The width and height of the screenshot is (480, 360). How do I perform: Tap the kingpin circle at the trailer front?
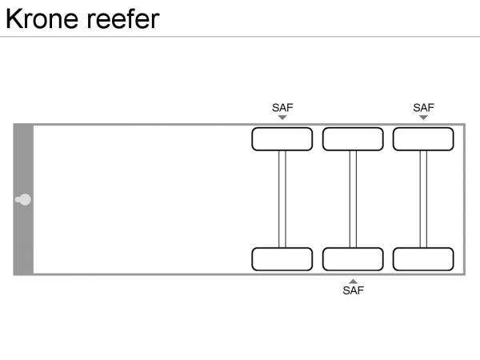(x=25, y=199)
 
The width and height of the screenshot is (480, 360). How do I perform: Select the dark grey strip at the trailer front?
(x=23, y=160)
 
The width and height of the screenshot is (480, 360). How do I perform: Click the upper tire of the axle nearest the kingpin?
(x=282, y=139)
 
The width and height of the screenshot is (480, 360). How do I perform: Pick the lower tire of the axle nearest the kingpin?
(x=282, y=259)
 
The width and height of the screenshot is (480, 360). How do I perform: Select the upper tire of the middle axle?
(x=353, y=139)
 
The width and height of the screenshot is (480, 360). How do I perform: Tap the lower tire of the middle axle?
(x=353, y=259)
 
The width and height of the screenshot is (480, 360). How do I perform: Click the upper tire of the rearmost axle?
(x=423, y=139)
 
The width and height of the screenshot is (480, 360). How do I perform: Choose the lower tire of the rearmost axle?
(x=423, y=259)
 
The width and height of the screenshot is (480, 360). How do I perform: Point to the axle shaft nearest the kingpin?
(x=282, y=199)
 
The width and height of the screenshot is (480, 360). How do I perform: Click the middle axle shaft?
(x=353, y=199)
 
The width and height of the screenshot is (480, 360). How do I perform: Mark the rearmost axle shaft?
(x=423, y=199)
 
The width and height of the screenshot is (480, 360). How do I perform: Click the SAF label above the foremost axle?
(x=282, y=107)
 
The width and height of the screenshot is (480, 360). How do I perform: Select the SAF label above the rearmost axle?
(x=423, y=107)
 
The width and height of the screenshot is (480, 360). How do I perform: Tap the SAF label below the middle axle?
(x=353, y=291)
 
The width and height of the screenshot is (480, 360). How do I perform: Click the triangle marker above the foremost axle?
(x=282, y=118)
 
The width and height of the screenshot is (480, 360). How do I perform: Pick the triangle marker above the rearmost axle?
(x=423, y=118)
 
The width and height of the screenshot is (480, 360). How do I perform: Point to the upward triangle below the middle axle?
(x=353, y=281)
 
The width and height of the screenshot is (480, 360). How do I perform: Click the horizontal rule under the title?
(x=240, y=36)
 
